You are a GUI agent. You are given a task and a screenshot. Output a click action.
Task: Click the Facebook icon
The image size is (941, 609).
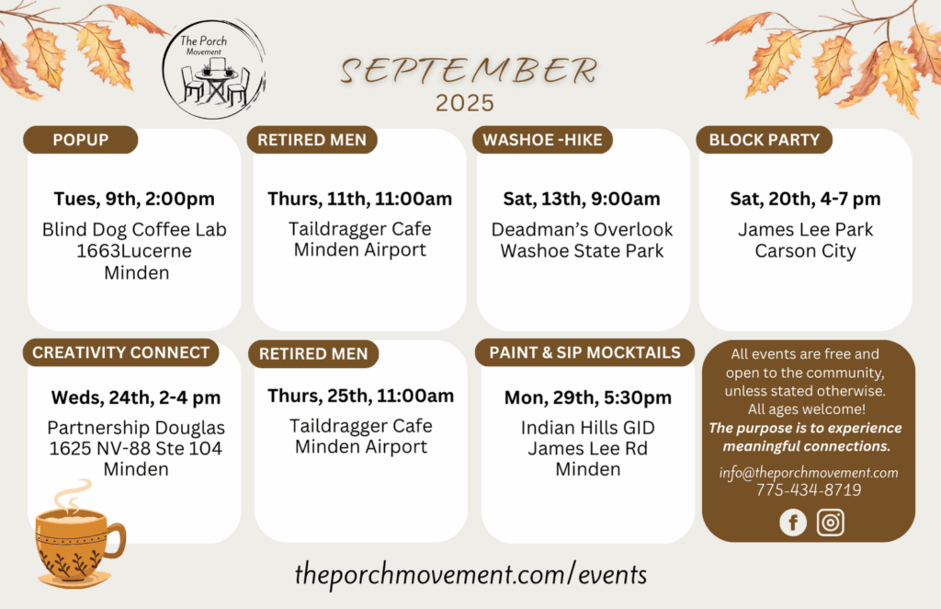pos(793,523)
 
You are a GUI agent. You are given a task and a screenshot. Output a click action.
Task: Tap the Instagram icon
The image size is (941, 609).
pos(831,523)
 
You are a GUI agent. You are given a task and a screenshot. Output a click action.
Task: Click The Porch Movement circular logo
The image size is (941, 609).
pos(213,68)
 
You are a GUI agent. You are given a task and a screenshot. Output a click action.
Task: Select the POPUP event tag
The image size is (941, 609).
pos(81,140)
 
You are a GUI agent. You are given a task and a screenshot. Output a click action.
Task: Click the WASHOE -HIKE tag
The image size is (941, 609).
pos(542,140)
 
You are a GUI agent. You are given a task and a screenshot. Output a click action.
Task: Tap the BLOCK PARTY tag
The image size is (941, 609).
pos(764,140)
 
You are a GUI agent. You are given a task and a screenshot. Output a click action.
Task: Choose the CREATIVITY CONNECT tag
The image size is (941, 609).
pos(120,352)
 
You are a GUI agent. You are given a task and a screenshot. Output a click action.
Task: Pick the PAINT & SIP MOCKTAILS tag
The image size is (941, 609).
pos(584,352)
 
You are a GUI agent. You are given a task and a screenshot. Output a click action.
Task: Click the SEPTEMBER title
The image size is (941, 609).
pos(469,71)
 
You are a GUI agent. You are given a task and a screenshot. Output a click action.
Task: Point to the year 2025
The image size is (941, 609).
pos(464,103)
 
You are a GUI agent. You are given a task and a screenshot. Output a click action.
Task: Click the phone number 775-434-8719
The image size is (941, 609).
pos(809,490)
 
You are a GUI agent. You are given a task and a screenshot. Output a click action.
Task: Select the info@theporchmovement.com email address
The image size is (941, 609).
pos(809,473)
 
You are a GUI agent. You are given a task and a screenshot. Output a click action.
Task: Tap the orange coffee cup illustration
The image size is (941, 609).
pos(79,534)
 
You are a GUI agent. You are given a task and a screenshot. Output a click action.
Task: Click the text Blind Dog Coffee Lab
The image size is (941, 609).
pos(134,229)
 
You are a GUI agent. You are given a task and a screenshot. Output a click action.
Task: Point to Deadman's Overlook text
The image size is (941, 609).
pos(582,229)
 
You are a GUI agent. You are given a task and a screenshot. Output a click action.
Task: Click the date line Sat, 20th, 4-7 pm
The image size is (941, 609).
pos(805,199)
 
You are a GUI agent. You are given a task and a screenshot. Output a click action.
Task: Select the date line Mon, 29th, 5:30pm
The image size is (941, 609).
pos(587,397)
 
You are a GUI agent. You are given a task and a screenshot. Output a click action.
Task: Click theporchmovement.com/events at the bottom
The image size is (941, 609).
pos(470,575)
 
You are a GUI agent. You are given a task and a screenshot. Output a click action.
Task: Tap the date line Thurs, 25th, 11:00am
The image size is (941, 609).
pos(360,396)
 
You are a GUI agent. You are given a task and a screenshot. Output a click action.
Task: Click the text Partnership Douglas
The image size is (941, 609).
pos(136,428)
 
